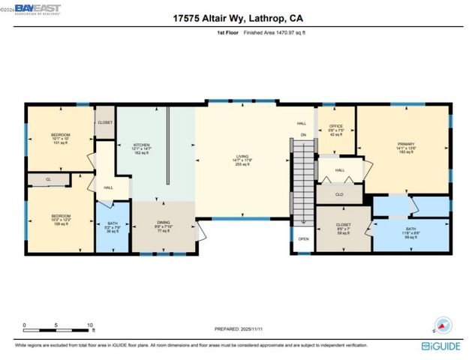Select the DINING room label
click(x=163, y=226)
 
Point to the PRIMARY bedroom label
click(x=406, y=146)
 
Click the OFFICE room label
click(x=335, y=129)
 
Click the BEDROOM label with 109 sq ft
click(x=61, y=219)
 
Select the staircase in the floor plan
click(x=301, y=180)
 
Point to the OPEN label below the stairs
click(x=303, y=239)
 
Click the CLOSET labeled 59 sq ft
click(x=343, y=228)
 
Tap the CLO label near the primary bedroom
click(x=339, y=193)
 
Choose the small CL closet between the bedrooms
click(x=47, y=180)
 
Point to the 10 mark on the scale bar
click(x=90, y=325)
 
